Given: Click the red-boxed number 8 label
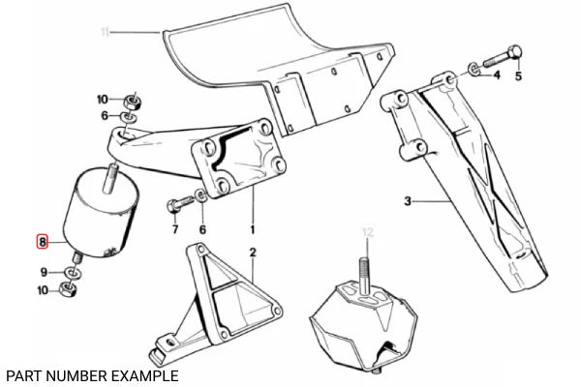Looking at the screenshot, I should pos(40,242).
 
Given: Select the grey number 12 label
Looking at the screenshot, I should pos(366,231).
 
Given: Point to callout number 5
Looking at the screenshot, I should pos(517,75).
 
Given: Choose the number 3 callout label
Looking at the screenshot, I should pos(409,202).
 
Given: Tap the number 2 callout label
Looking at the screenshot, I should pos(252,254).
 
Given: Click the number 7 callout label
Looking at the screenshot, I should pos(174,229).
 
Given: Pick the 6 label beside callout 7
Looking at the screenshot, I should pos(201,229).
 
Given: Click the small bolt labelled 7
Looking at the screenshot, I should pos(177,205).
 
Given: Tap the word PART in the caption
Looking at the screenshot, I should pos(22,374).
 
